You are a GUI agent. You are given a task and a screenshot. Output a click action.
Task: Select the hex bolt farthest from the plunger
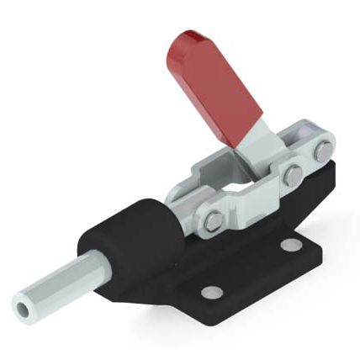(323, 153)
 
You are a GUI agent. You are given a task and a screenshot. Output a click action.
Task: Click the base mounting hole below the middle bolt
(290, 245)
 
